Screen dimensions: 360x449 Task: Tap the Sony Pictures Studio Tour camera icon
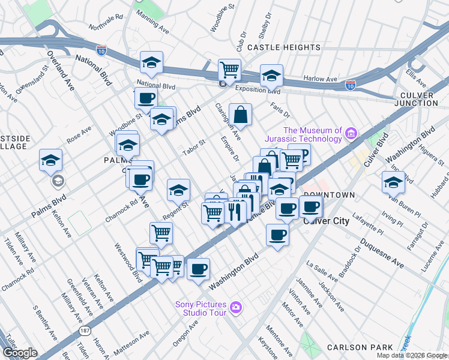pos(237,308)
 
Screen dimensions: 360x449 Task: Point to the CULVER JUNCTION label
pos(421,99)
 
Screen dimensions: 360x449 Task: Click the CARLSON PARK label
pos(360,347)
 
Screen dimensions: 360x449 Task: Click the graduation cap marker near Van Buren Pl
pos(393,182)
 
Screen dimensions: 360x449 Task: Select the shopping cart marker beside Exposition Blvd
pos(229,70)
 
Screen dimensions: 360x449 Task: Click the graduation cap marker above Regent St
pos(178,190)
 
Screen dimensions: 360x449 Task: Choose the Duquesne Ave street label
pos(382,253)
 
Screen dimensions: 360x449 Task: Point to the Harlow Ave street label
pos(320,79)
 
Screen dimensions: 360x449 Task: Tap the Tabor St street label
pos(194,147)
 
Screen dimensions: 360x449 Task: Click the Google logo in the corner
pos(20,353)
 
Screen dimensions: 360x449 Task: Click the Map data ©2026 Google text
pos(411,355)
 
